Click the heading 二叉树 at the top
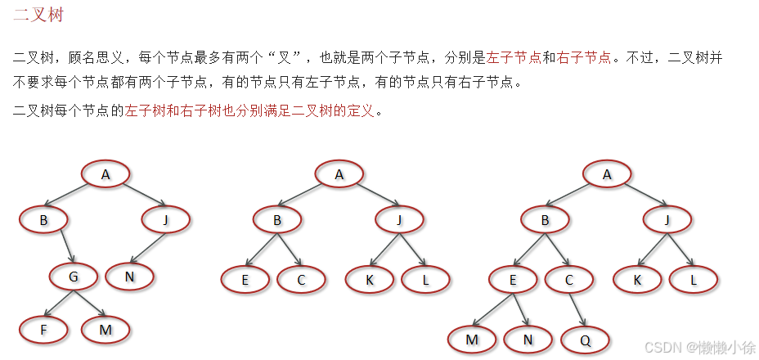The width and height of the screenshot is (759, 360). (x=38, y=16)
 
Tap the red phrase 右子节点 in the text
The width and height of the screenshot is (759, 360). (x=583, y=58)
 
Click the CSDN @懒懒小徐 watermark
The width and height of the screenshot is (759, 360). (x=700, y=348)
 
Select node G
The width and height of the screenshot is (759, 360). (x=73, y=277)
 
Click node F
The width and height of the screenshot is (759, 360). (x=43, y=330)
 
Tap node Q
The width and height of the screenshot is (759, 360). (x=585, y=339)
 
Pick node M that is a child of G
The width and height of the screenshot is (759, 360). (x=106, y=330)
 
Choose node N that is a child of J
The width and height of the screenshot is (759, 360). (x=128, y=277)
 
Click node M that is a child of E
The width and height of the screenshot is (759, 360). (x=472, y=339)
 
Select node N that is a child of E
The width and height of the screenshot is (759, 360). (x=528, y=339)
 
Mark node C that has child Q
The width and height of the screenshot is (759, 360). (x=569, y=279)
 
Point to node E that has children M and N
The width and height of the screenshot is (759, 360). (x=513, y=279)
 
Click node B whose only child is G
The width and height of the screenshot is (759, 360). (x=43, y=219)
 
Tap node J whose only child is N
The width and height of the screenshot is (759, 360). (x=166, y=219)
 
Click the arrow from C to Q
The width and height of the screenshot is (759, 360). (x=577, y=309)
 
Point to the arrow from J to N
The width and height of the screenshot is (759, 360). (x=147, y=248)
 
